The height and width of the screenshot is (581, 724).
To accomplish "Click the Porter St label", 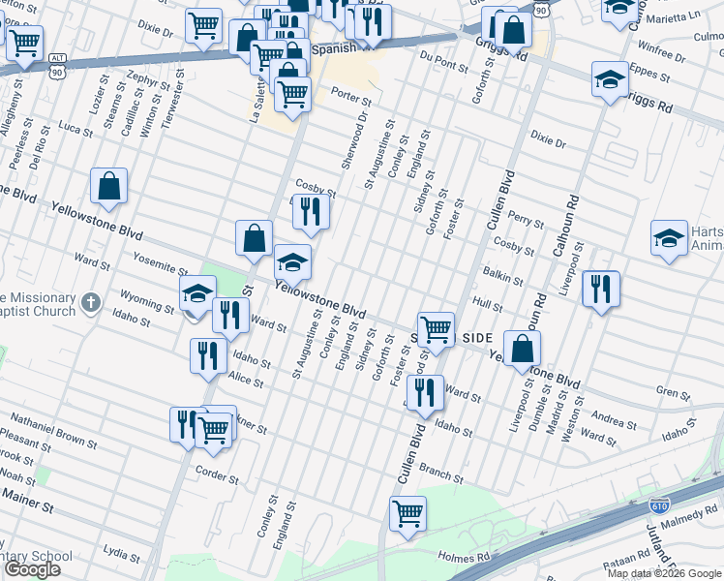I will tap(350, 97).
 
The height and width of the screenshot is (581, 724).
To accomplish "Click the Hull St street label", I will tap(484, 304).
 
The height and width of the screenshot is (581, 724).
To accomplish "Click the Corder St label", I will tap(217, 476).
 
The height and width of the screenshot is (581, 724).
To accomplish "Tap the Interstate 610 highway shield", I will tap(659, 506).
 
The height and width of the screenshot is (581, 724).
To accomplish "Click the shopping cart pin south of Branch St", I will tap(407, 512).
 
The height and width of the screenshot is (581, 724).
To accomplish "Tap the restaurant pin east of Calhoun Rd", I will tap(601, 289).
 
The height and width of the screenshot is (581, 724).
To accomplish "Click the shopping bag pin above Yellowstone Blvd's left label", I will tap(109, 186).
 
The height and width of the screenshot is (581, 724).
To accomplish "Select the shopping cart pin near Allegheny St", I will tap(24, 43).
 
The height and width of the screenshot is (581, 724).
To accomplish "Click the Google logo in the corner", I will tap(31, 569).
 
